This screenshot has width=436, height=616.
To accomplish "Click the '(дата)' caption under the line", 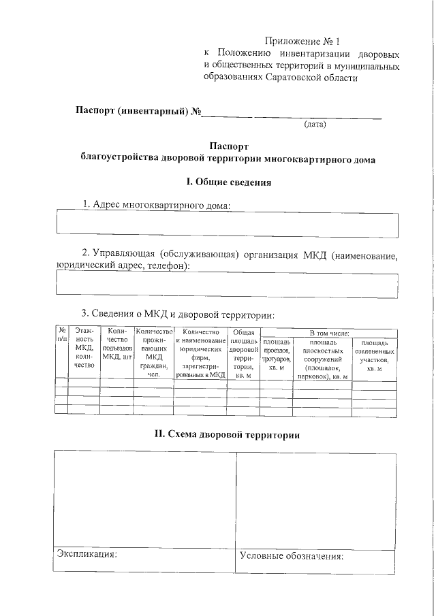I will (x=315, y=125).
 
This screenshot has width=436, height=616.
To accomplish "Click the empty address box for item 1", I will (x=226, y=225).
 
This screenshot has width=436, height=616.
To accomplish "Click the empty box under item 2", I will (x=226, y=285).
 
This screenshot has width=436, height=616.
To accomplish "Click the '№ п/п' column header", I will (x=61, y=334).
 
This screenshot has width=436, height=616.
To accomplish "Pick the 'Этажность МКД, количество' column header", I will (x=84, y=348).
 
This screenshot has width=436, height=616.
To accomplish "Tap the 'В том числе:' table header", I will (x=329, y=332).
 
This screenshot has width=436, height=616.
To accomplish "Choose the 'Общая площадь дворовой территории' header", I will (x=243, y=353).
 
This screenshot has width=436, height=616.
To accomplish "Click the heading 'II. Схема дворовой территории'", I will (x=226, y=435).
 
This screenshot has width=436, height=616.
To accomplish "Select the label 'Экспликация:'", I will (x=87, y=554).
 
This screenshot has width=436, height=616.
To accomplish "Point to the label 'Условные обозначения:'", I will (x=291, y=555).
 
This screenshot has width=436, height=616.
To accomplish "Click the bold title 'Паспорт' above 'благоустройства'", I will (x=229, y=146).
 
